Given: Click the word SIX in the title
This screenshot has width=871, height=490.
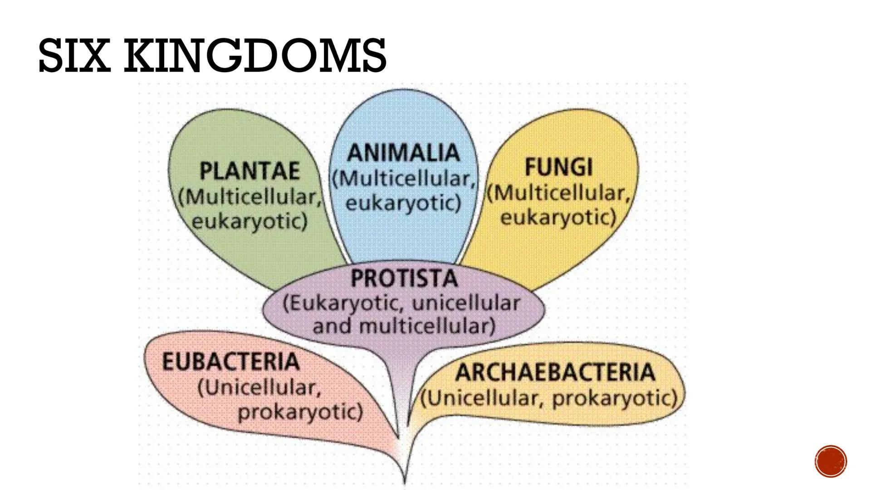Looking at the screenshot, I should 74,56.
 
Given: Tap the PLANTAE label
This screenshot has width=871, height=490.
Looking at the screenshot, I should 250,171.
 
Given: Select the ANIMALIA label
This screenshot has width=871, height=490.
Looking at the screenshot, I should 403,152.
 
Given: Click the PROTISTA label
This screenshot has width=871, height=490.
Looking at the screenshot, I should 404,278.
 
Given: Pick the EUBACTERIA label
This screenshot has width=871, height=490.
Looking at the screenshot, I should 230,362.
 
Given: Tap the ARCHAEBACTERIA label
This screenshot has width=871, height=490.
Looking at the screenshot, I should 555,372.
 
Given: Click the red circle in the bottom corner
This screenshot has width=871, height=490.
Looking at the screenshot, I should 830,461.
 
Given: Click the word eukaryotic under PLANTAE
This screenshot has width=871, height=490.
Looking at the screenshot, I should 250,221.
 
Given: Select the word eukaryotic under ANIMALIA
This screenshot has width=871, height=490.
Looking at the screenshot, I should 403,203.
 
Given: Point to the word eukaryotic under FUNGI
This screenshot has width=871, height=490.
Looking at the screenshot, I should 558,217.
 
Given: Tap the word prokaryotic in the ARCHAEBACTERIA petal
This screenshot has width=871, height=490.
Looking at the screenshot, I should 615,398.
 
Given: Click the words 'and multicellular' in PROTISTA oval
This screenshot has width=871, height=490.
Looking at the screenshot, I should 404,326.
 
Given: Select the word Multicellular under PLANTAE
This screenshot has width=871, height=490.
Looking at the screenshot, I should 250,197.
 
